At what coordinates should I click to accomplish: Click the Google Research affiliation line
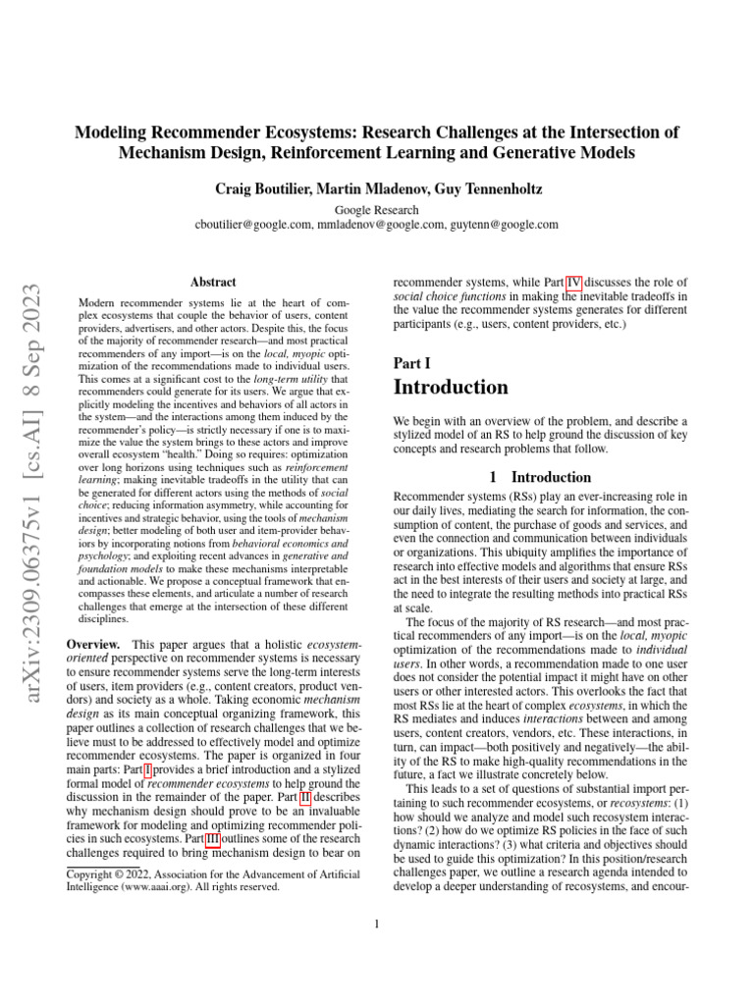tap(377, 209)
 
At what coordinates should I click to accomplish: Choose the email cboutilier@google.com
tap(254, 224)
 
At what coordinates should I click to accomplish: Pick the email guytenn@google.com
tap(505, 224)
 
